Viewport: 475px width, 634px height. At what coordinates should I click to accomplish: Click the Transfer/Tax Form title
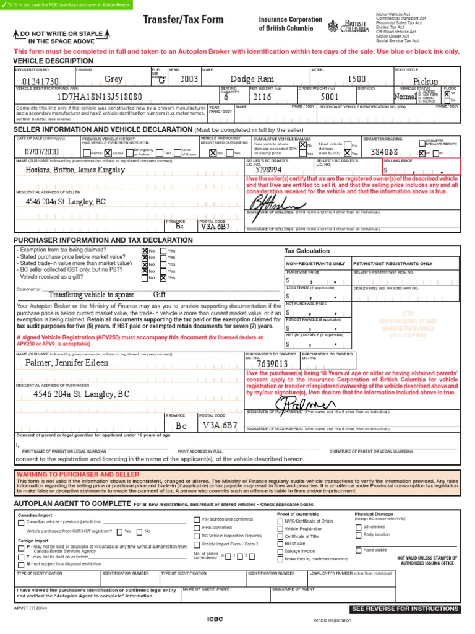[x=183, y=20]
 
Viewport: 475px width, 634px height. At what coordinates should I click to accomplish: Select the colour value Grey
[x=113, y=80]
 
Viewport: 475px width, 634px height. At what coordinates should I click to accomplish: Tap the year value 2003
[x=189, y=80]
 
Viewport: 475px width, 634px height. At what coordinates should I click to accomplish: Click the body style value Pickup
[x=426, y=81]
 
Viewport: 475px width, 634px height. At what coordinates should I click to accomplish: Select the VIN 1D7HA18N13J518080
[x=100, y=98]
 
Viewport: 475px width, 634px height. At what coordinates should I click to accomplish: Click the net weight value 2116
[x=262, y=98]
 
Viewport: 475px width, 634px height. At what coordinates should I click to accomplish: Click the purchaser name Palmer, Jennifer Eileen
[x=66, y=363]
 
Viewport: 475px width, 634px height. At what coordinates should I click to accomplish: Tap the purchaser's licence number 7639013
[x=273, y=363]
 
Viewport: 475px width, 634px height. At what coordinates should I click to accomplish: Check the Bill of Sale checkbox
[x=280, y=543]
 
